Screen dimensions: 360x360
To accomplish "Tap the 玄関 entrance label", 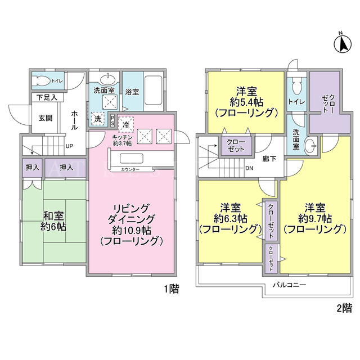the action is click(x=45, y=118).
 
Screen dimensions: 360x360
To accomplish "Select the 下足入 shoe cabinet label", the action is click(x=47, y=97).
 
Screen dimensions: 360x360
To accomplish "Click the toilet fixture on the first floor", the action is click(x=41, y=81).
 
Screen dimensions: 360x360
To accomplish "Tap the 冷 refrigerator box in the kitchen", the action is click(x=126, y=125).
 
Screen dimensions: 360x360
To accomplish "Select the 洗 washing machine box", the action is click(x=98, y=119).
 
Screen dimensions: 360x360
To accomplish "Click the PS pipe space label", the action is click(x=112, y=120).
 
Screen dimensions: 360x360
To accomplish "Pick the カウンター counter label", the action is click(x=130, y=169).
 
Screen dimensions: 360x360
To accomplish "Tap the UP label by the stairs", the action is click(x=69, y=146).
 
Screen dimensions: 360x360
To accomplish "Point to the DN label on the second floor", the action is click(x=249, y=168).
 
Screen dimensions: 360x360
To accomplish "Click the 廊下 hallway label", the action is click(x=269, y=159).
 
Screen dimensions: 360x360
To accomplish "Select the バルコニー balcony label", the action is click(x=290, y=285).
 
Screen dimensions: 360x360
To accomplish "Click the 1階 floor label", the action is click(x=172, y=289).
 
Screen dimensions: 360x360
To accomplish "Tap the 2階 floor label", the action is click(x=344, y=308).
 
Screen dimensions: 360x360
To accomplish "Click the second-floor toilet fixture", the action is click(x=296, y=86).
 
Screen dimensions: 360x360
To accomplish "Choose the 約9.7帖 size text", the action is click(x=315, y=219).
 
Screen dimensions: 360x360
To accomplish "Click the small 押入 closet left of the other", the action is click(x=33, y=168).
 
